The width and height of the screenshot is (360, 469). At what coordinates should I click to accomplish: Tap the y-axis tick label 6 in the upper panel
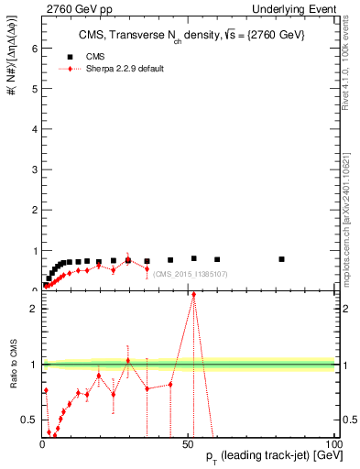[x=33, y=49]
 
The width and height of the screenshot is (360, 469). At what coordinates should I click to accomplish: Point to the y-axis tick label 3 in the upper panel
[x=33, y=169]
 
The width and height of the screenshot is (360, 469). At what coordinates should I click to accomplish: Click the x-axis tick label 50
[x=189, y=444]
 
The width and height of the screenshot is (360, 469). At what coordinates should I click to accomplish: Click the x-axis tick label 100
[x=333, y=444]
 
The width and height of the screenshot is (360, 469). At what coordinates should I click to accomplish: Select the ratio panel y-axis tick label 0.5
[x=30, y=420]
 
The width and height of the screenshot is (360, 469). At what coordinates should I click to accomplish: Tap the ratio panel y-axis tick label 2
[x=33, y=309]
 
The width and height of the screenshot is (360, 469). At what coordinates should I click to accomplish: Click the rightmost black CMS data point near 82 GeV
[x=282, y=259]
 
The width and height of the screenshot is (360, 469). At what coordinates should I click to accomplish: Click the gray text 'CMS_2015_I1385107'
[x=191, y=274]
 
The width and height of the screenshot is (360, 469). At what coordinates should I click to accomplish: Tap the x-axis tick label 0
[x=42, y=444]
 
